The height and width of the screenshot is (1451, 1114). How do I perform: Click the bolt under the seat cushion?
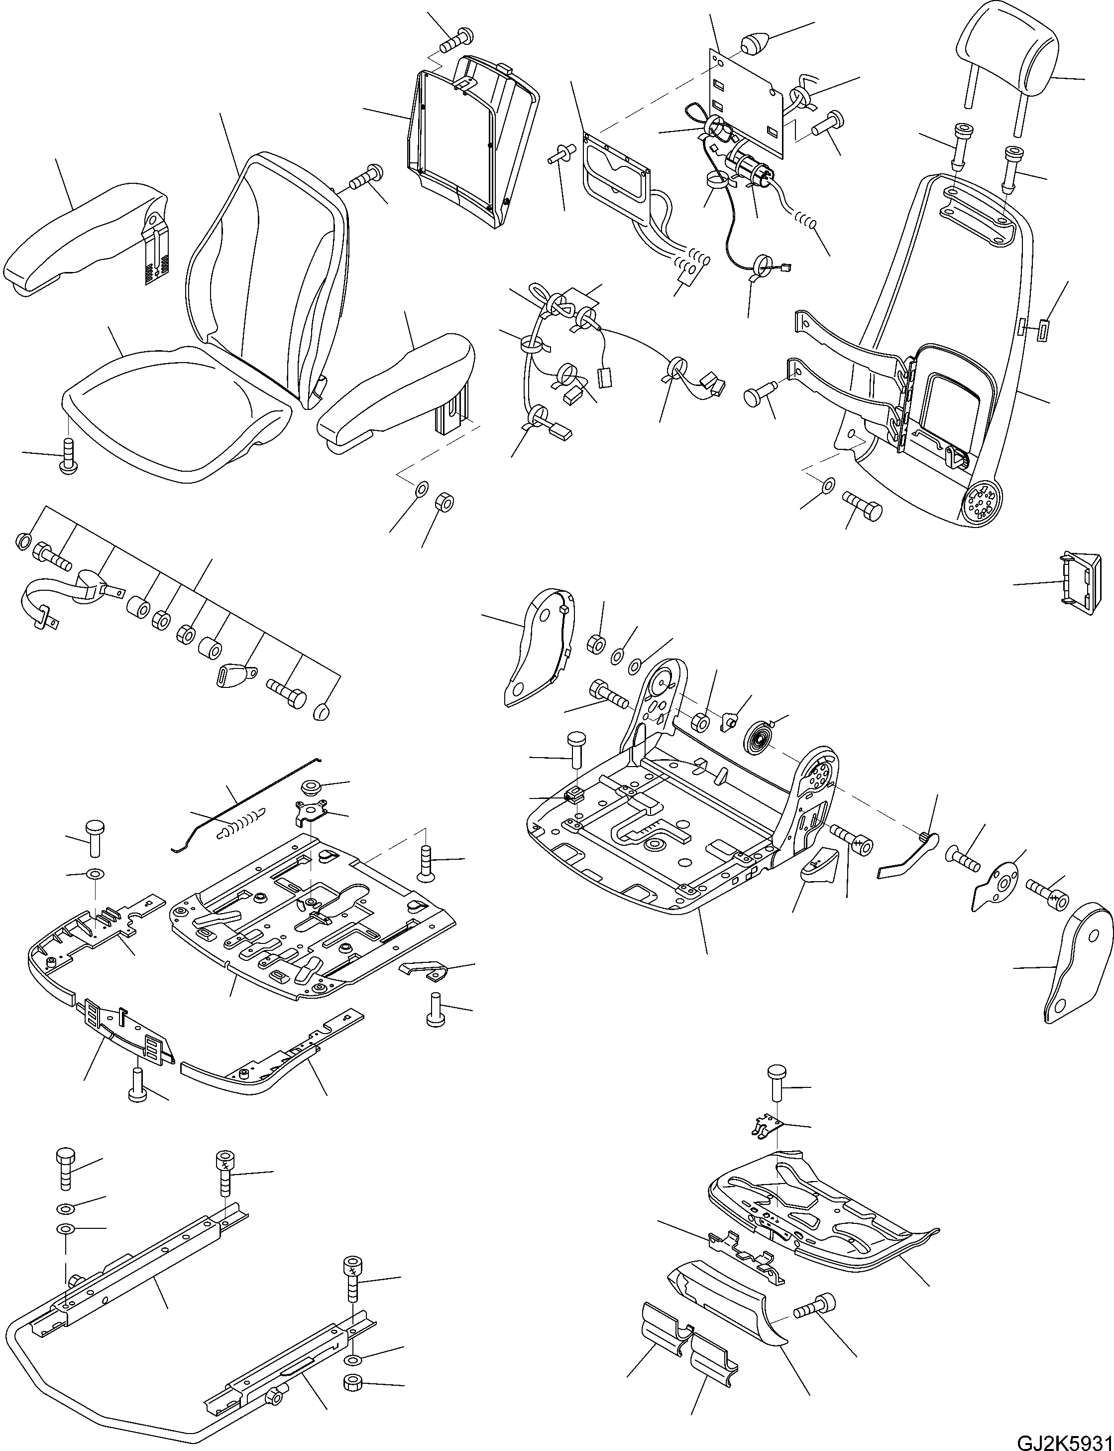(x=68, y=456)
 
